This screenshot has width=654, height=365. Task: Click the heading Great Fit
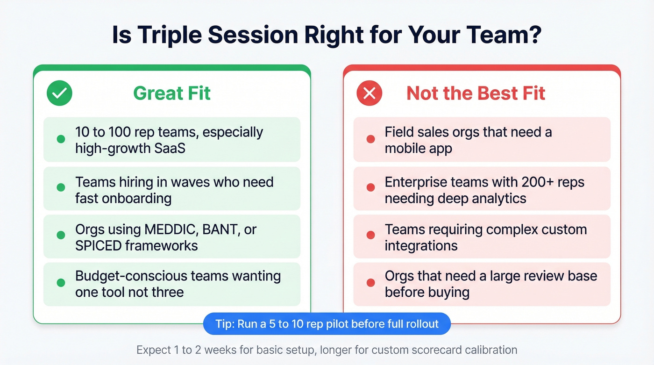tap(172, 93)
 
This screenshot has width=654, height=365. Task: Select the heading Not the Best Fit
tap(476, 93)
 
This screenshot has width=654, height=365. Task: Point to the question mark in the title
tap(533, 35)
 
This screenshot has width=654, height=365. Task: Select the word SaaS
tap(171, 148)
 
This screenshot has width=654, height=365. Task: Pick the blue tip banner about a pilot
tap(327, 324)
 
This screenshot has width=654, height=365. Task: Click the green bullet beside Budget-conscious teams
tap(61, 283)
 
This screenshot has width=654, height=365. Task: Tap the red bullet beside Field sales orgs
tap(370, 139)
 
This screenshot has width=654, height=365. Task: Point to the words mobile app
tap(418, 149)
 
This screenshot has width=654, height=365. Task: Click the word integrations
tap(421, 245)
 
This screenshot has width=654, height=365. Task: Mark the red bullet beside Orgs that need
tap(370, 283)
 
